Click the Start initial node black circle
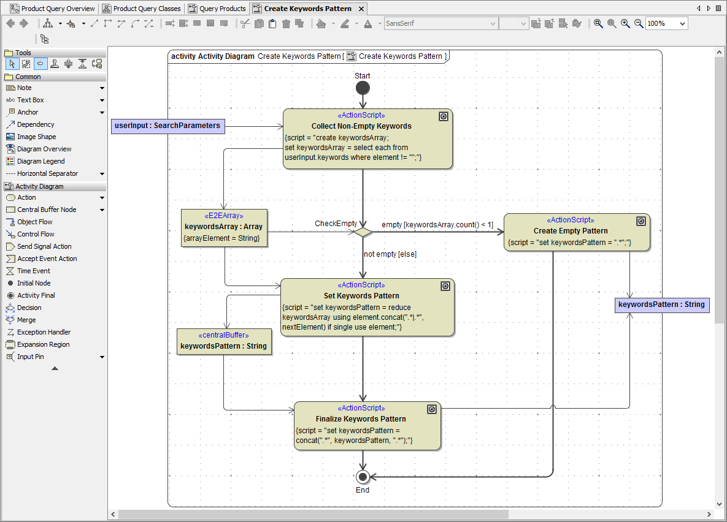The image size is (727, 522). [363, 88]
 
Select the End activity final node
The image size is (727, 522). [363, 477]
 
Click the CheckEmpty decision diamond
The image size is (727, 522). [363, 232]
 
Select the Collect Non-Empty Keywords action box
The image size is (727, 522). [367, 139]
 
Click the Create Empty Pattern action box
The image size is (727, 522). [576, 232]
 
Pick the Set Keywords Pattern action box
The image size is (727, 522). [367, 307]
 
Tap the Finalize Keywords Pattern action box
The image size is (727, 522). [367, 426]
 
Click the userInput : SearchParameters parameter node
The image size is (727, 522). [167, 126]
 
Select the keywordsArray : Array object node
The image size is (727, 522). [224, 228]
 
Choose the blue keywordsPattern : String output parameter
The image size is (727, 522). [661, 304]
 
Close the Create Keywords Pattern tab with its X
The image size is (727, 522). [361, 9]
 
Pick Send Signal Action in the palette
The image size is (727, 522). [44, 246]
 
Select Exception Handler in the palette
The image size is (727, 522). [44, 332]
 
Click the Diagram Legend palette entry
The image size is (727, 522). [40, 161]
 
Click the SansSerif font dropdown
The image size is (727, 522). [440, 23]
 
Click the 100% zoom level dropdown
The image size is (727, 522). [666, 23]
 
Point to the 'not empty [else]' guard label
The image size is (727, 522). [390, 254]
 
